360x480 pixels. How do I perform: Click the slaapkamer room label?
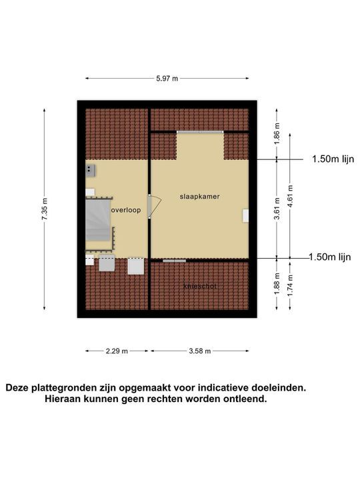click(x=199, y=197)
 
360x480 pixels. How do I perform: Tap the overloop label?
click(x=126, y=209)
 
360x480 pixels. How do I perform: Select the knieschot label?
click(x=199, y=286)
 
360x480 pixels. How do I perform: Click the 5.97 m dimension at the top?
click(x=167, y=78)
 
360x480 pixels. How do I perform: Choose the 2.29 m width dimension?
click(x=117, y=351)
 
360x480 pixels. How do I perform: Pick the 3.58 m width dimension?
click(x=199, y=351)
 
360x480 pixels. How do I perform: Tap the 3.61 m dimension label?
click(x=277, y=209)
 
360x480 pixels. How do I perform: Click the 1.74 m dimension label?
click(x=289, y=285)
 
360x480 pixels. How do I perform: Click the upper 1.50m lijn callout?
click(x=333, y=159)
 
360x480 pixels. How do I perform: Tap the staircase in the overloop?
click(x=99, y=220)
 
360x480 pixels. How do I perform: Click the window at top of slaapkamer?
click(x=199, y=132)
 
